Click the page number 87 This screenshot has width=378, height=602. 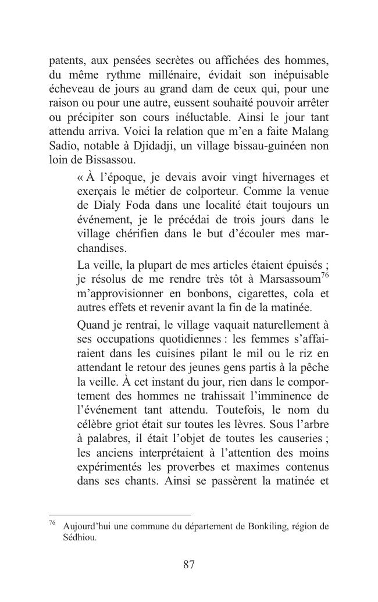[x=188, y=565]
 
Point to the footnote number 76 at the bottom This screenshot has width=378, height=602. [x=52, y=523]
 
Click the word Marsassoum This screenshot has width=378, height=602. [x=287, y=279]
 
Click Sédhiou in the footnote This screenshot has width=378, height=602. [x=79, y=538]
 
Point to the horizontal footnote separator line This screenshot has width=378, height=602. [x=120, y=515]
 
